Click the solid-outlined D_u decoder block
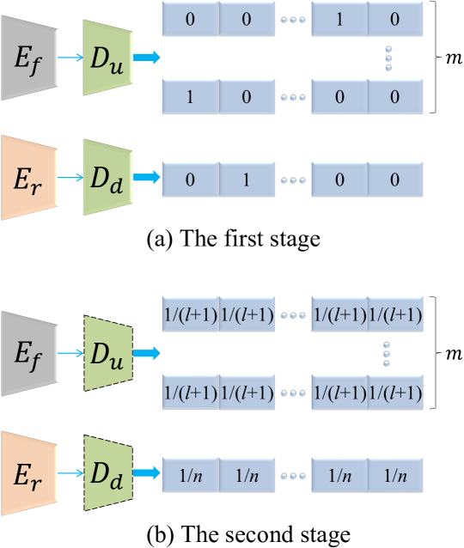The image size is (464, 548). pos(107,58)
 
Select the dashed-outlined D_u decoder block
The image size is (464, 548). pos(107,353)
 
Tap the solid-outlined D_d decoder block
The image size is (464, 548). pos(107,178)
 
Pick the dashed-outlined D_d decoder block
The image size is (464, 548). pos(107,473)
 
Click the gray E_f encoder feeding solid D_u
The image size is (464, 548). pos(29,58)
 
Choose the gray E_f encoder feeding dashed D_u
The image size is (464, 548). pos(29,353)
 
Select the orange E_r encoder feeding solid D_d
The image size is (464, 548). pos(29,178)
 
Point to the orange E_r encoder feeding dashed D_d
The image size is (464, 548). pos(29,473)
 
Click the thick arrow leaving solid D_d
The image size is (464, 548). pos(147,178)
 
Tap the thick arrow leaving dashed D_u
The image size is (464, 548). pos(147,353)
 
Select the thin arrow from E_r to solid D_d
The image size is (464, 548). pos(70,178)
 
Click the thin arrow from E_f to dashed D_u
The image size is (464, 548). pos(70,353)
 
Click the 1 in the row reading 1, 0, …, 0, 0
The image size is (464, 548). pos(190,96)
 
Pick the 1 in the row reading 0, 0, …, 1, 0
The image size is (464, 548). pos(339,19)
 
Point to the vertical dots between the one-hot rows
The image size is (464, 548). pos(388,58)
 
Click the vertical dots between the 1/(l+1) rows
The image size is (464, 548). pos(387,354)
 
